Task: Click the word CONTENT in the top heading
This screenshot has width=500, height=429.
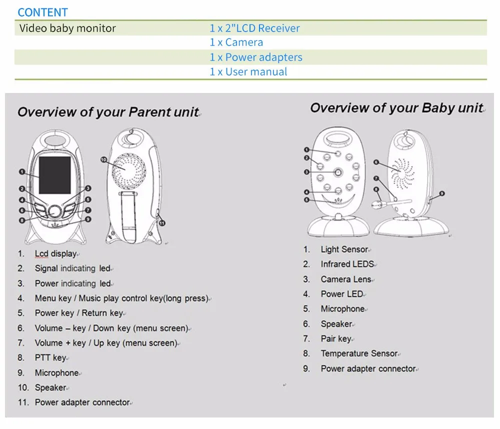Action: (x=42, y=12)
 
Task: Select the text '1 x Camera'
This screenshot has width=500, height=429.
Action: (x=236, y=42)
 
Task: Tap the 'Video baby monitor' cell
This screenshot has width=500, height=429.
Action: (x=67, y=28)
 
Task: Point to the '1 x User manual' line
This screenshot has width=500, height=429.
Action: (x=248, y=71)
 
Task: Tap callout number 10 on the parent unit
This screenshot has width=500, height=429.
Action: (x=103, y=159)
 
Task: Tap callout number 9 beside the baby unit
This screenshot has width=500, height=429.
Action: (x=441, y=193)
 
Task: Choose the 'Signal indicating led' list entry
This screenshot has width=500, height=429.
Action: (x=72, y=268)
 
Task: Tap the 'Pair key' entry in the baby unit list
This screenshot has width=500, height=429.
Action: (x=336, y=338)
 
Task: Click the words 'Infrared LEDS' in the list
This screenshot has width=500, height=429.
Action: (x=347, y=264)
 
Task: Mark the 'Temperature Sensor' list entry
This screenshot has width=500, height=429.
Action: (x=359, y=353)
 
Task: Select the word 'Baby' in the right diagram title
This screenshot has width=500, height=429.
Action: (x=438, y=108)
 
